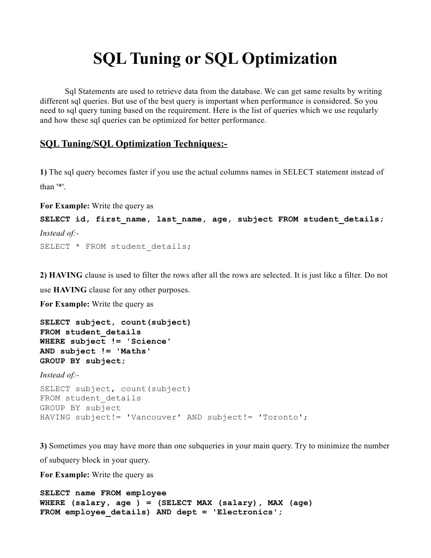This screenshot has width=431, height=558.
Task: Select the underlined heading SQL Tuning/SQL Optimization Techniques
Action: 133,144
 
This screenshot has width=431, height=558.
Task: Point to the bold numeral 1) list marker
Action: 44,172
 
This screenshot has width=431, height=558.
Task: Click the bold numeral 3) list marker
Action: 44,446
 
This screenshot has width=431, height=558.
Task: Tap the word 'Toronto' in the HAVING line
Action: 280,417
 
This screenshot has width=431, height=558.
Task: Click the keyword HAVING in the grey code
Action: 55,417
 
